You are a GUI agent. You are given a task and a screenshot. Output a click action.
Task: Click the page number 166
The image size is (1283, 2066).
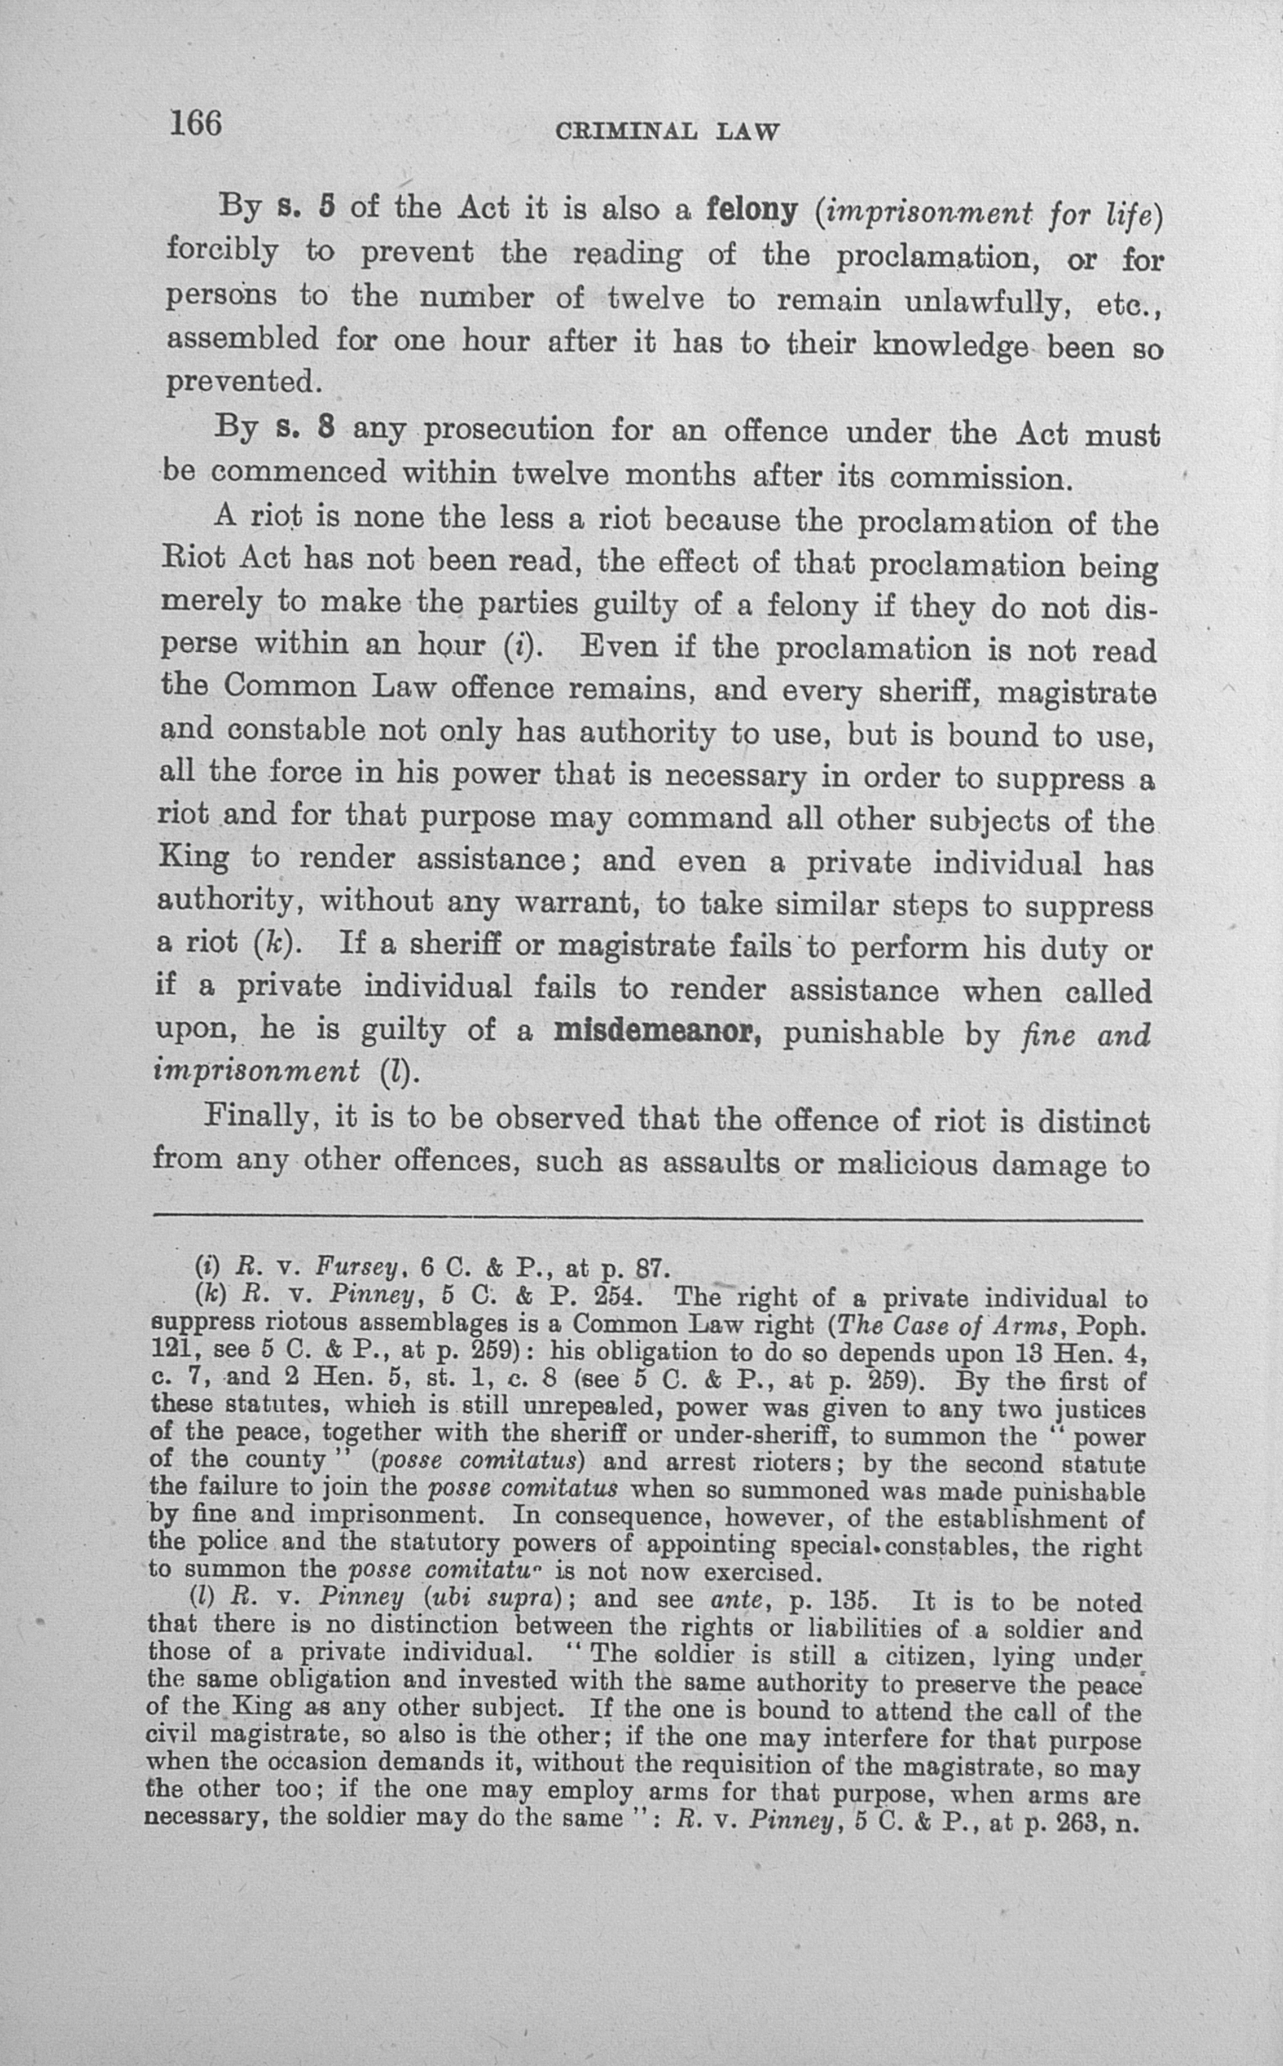pos(196,124)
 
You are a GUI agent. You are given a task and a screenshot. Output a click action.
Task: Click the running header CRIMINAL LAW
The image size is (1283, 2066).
pos(666,131)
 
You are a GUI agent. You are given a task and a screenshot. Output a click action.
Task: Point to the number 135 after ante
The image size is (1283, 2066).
pos(850,1599)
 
